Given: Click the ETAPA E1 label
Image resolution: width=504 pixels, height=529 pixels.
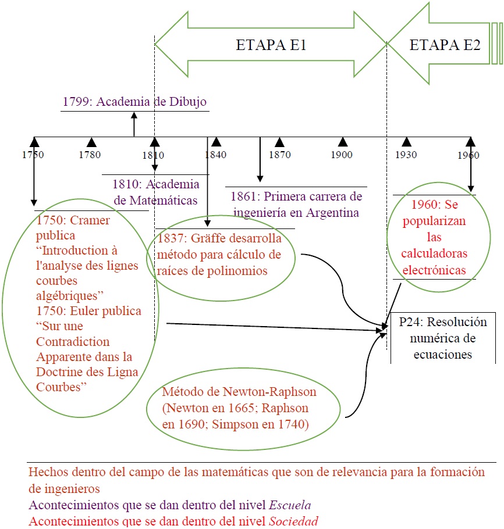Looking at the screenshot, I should (x=271, y=46).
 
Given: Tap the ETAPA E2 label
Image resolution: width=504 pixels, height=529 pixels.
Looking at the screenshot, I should (x=445, y=46).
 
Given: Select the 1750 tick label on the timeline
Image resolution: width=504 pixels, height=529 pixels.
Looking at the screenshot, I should (x=33, y=155).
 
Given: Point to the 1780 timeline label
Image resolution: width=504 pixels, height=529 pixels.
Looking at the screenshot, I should (x=90, y=155).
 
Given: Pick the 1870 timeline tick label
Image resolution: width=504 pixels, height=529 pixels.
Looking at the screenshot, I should (x=279, y=155).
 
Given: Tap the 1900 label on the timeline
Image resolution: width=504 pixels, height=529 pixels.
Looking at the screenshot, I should (x=342, y=155).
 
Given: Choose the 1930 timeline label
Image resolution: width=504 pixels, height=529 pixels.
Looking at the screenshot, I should (x=406, y=155).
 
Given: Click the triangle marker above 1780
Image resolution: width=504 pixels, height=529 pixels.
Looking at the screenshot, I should (x=91, y=142).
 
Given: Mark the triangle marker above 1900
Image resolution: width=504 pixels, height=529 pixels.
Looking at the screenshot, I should (x=343, y=142).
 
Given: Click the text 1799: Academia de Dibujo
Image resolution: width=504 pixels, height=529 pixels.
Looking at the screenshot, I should (x=134, y=102).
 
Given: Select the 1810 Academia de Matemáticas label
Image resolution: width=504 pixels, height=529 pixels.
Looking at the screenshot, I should (x=155, y=192).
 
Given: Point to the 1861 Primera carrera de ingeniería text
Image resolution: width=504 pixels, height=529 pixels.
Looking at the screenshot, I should (x=296, y=204).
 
